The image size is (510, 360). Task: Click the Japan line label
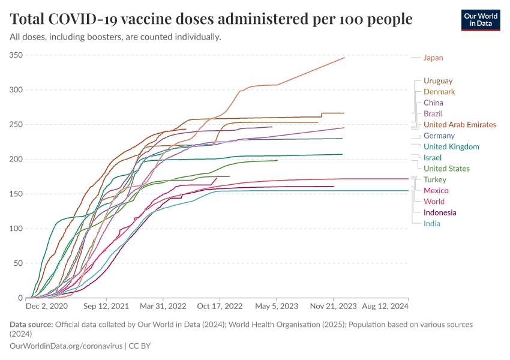pyautogui.click(x=433, y=58)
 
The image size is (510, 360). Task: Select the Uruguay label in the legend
pyautogui.click(x=438, y=80)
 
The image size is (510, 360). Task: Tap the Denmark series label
pyautogui.click(x=439, y=92)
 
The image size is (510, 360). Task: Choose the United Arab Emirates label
pyautogui.click(x=460, y=125)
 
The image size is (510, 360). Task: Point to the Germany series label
pyautogui.click(x=439, y=136)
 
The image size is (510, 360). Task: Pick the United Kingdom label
pyautogui.click(x=451, y=146)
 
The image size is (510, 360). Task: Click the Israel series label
pyautogui.click(x=432, y=157)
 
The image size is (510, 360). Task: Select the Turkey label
pyautogui.click(x=434, y=179)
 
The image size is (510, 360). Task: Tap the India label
pyautogui.click(x=431, y=223)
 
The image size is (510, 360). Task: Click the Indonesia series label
pyautogui.click(x=440, y=212)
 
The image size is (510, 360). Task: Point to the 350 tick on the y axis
pyautogui.click(x=16, y=55)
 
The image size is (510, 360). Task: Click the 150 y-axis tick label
pyautogui.click(x=16, y=194)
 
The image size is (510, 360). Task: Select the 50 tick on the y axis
pyautogui.click(x=18, y=263)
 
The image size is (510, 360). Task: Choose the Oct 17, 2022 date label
pyautogui.click(x=221, y=306)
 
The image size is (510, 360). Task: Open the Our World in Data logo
pyautogui.click(x=481, y=20)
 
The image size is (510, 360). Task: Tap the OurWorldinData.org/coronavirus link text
pyautogui.click(x=66, y=346)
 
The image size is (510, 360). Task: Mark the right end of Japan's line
pyautogui.click(x=344, y=58)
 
